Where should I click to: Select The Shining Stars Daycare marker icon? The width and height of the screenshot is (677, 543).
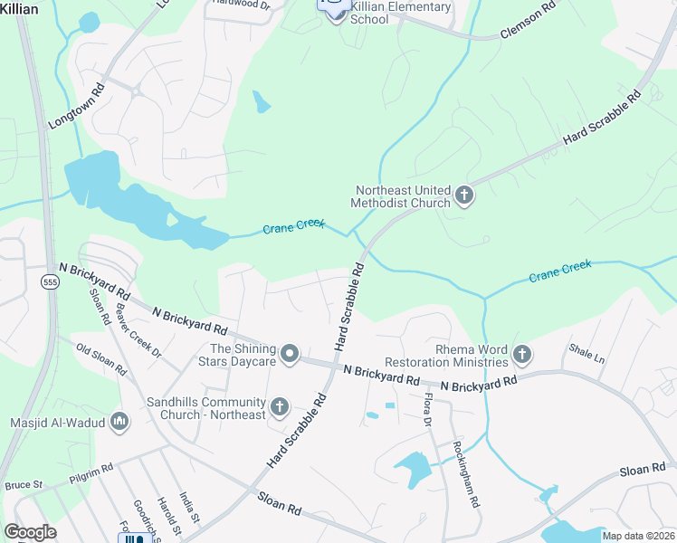[290, 354]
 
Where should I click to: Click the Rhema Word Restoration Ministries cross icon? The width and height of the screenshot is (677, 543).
[521, 355]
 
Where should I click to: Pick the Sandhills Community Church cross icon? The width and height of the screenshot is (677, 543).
[279, 407]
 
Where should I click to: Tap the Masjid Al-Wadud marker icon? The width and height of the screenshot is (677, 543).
[119, 422]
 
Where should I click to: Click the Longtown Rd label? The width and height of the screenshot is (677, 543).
[78, 107]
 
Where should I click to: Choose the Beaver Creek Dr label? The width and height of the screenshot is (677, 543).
[138, 329]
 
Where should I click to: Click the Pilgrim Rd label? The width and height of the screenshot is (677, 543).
[94, 470]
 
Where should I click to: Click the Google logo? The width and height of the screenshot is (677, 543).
[31, 532]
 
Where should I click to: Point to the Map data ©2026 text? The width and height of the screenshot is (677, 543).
[637, 536]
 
